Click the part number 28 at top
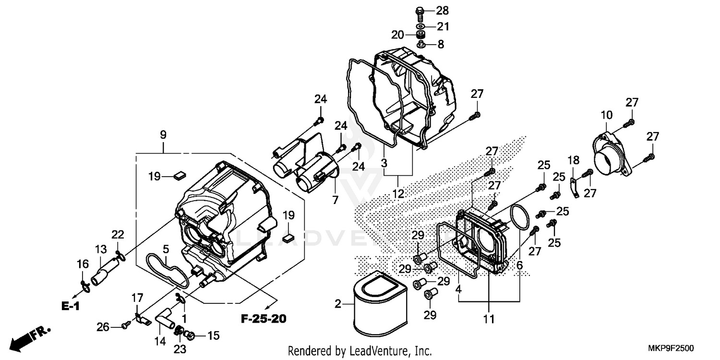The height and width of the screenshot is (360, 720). coord(442,11)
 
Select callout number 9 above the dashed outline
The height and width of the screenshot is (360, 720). coord(163,135)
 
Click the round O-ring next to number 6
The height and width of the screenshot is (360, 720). coord(519,216)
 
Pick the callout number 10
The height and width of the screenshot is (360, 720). coord(606,115)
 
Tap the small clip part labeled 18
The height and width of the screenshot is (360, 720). coord(573,188)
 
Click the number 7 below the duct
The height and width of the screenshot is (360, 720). coord(335,199)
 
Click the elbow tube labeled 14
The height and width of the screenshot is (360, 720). coord(165,321)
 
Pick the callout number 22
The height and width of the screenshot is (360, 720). coord(118,235)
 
